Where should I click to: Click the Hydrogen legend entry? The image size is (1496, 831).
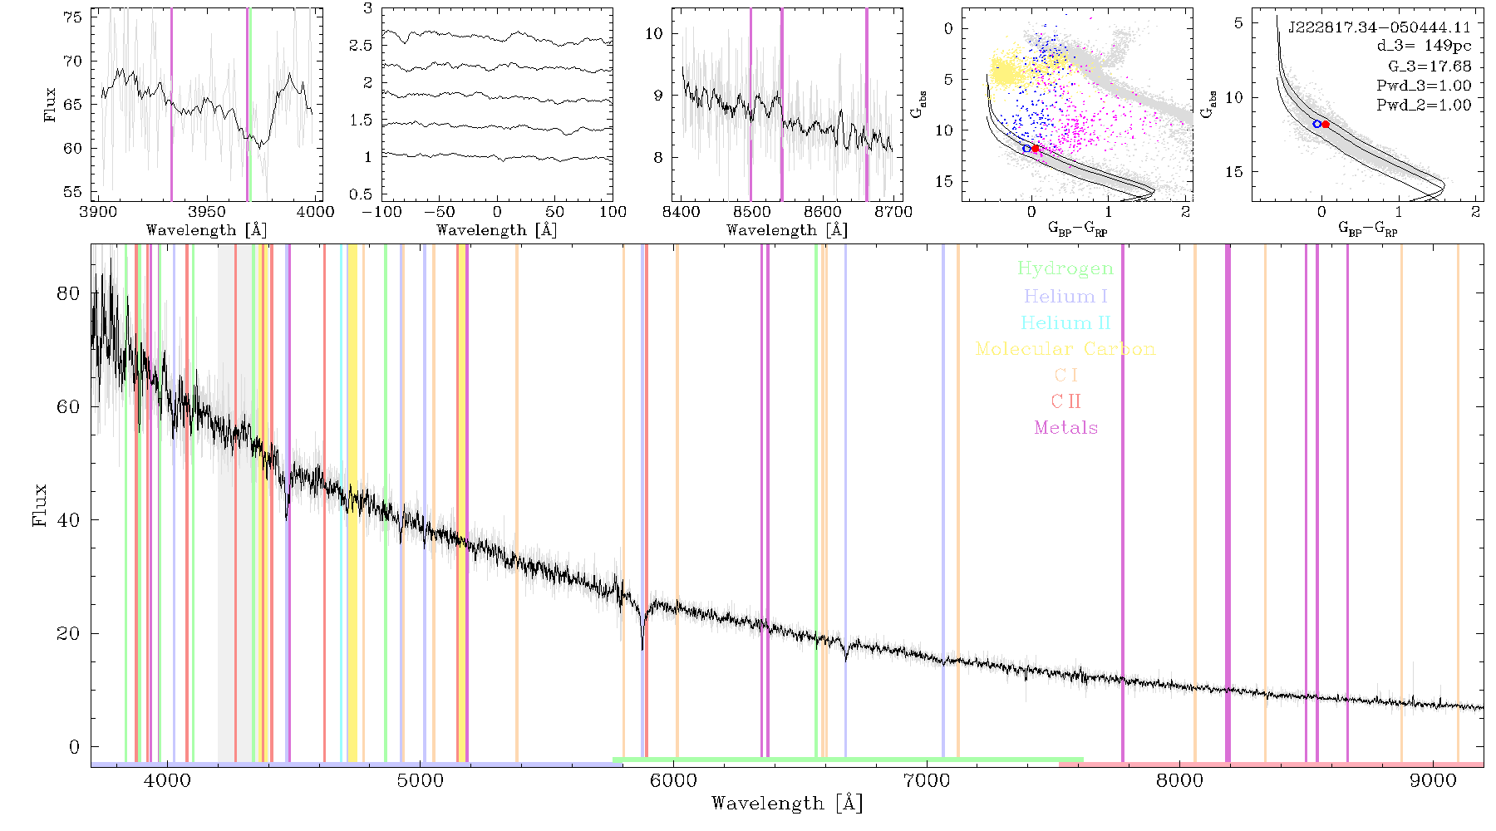click(x=1065, y=268)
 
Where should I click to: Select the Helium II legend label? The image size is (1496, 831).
click(x=1065, y=322)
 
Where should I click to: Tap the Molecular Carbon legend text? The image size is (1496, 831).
click(x=1065, y=349)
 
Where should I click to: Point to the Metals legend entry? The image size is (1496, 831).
click(x=1065, y=428)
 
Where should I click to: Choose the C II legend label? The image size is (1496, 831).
click(x=1065, y=401)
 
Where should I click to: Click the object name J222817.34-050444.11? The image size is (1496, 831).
click(x=1379, y=27)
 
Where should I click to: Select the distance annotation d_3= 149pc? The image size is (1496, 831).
click(x=1424, y=47)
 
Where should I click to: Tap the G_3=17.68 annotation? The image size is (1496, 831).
click(x=1430, y=66)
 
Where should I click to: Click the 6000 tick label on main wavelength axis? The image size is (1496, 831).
click(x=673, y=780)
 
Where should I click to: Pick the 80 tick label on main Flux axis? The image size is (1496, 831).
click(x=68, y=293)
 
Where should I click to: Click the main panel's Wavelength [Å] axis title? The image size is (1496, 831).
click(x=787, y=804)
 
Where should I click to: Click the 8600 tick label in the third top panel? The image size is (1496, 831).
click(x=822, y=212)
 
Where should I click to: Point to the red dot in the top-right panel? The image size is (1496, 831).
click(x=1326, y=125)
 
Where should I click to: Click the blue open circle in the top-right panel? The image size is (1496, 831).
click(x=1316, y=124)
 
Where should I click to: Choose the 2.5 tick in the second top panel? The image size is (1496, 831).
click(x=361, y=46)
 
